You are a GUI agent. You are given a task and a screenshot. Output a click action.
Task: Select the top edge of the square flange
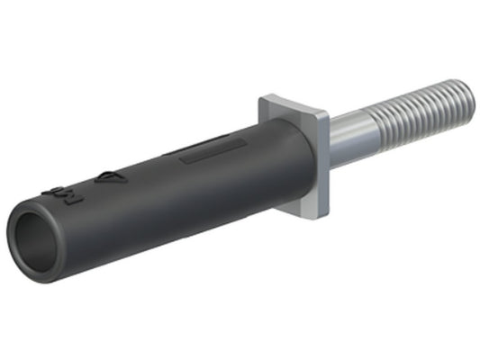[x=293, y=103]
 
